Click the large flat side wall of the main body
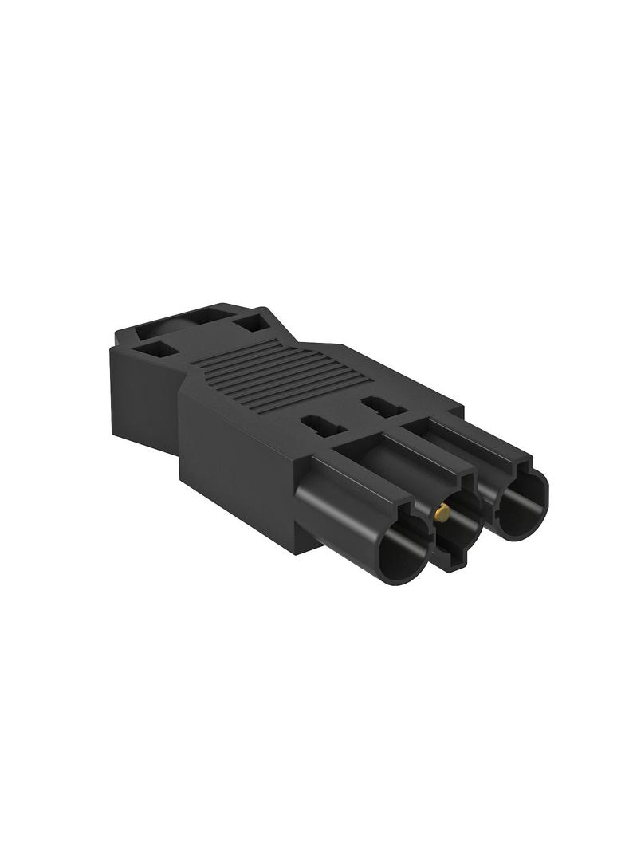(239, 455)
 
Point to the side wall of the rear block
(140, 399)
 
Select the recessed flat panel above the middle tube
(383, 447)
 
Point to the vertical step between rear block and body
(182, 415)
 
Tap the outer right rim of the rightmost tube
(547, 498)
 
